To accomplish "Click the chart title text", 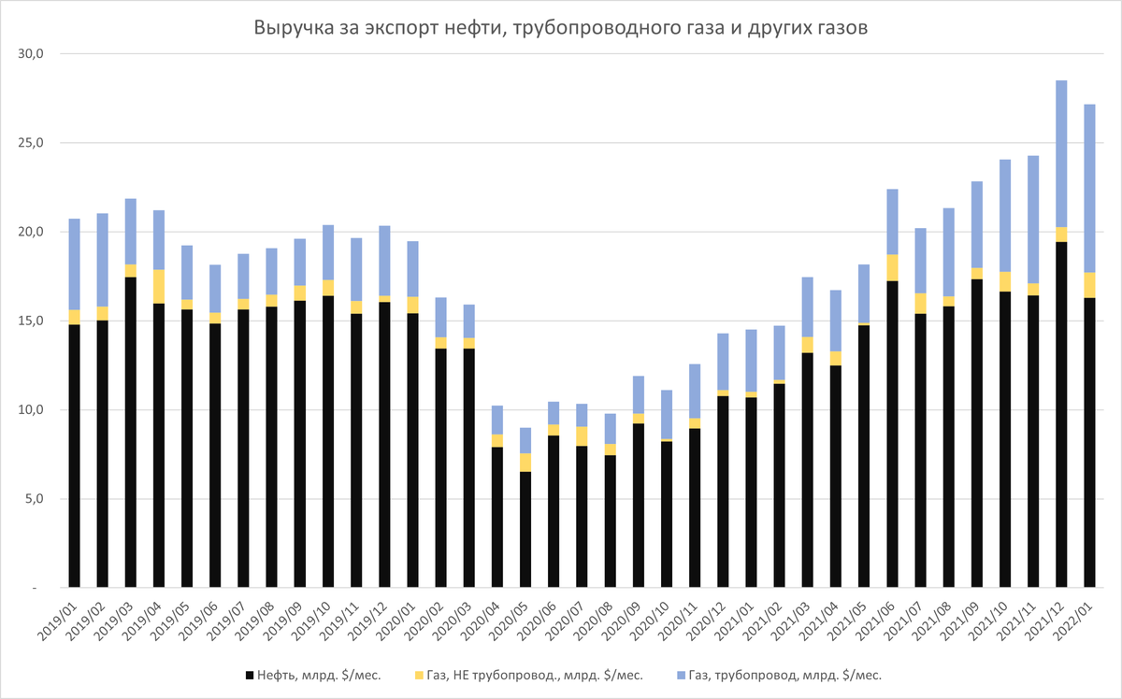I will tap(561, 28).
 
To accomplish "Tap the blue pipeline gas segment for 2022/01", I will tap(1089, 188).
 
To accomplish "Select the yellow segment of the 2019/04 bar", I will tap(159, 286).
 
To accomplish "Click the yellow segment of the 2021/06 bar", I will tap(892, 267).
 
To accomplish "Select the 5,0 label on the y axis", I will tap(35, 499).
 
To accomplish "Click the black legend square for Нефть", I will tap(249, 674).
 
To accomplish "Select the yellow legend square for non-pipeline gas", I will tap(418, 674).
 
